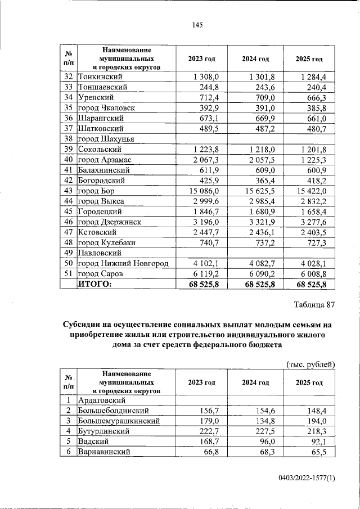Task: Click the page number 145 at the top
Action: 197,25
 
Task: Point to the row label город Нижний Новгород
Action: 123,263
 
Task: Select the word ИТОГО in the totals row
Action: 94,285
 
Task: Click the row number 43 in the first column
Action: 69,191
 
